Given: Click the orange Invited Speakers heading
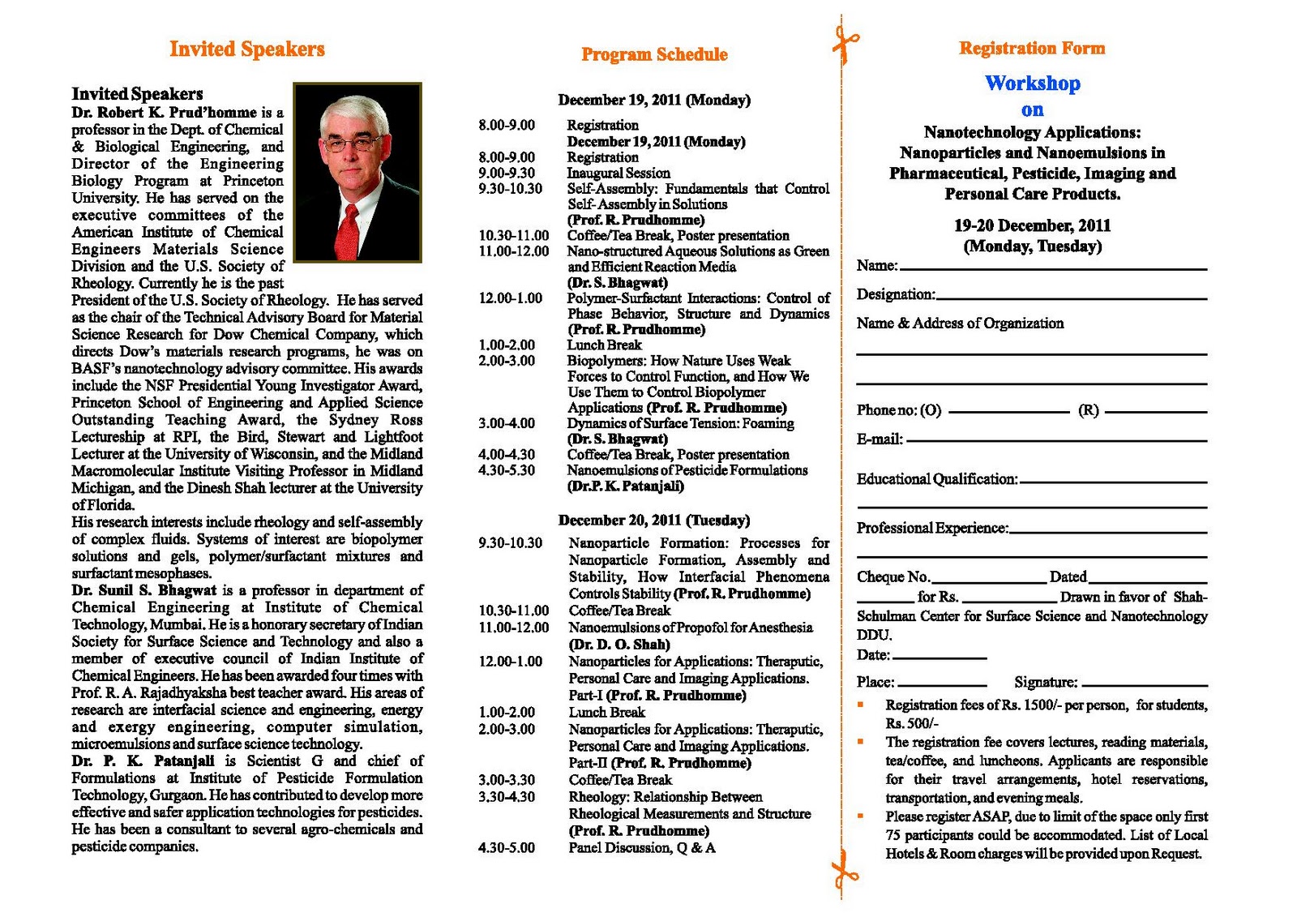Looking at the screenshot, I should [247, 49].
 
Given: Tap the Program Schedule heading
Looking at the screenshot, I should [654, 55].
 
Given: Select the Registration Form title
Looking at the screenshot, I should [1032, 49].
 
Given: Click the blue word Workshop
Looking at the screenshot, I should [1032, 84].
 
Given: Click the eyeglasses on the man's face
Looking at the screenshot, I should [353, 144].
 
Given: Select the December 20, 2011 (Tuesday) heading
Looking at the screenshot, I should [653, 521].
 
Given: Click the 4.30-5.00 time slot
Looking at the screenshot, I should [507, 848].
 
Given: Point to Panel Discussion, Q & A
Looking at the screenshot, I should [641, 848].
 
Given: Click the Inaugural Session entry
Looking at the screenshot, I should [618, 173].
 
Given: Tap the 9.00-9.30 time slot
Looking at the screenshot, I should [507, 173].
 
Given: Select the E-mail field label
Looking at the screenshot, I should [880, 439].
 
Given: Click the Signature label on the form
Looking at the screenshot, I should [1046, 683].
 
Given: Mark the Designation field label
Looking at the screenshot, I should [896, 294].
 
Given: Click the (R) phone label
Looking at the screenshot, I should [1088, 410].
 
